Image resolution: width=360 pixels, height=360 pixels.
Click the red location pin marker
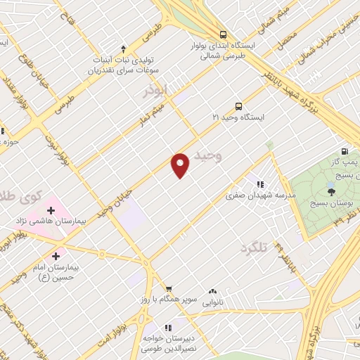point(181,165)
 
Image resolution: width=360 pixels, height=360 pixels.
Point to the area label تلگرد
point(255,248)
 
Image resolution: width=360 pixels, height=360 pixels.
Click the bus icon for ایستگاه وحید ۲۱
point(238,107)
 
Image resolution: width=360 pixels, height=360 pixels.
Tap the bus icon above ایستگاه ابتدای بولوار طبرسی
point(223,34)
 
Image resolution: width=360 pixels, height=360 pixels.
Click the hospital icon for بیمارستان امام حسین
point(56,256)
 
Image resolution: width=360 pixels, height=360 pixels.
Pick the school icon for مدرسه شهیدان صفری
point(260,184)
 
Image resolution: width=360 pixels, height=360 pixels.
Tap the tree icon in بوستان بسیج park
point(330,190)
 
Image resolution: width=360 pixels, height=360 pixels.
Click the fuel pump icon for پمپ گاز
point(345,151)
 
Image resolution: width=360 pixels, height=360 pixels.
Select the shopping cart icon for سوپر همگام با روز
point(168,288)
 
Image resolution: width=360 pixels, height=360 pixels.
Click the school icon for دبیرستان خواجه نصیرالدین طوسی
point(168,328)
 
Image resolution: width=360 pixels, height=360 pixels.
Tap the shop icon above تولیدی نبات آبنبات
point(124,49)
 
